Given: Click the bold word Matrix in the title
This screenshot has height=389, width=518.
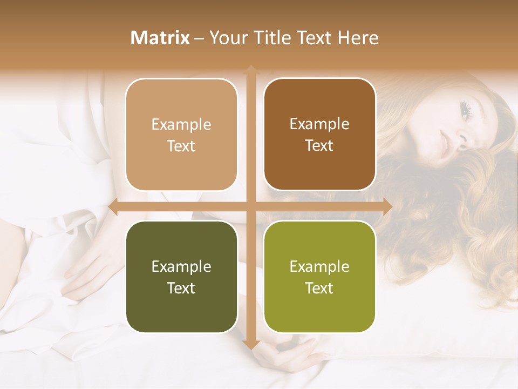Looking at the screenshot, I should click(160, 38).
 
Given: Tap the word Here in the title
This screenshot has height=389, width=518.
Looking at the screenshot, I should click(358, 38).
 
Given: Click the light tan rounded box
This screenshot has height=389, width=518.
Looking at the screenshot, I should click(181, 135).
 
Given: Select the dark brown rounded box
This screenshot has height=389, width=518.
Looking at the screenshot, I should click(319, 135).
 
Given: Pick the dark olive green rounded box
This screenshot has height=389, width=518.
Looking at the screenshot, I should click(181, 277).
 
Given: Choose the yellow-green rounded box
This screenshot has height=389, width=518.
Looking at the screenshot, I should click(319, 277).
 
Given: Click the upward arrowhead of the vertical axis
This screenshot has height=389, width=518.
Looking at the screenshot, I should click(250, 70).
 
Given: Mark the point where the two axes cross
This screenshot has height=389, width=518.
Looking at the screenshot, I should click(250, 206).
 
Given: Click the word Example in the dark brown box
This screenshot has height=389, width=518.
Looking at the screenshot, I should click(319, 124).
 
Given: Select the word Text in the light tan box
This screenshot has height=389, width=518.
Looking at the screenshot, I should click(181, 146).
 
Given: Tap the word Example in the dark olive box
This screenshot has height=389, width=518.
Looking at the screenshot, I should click(181, 266).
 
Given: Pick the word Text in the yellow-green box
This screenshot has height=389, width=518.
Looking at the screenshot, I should click(319, 288).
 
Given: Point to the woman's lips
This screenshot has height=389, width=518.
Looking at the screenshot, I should click(444, 143).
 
